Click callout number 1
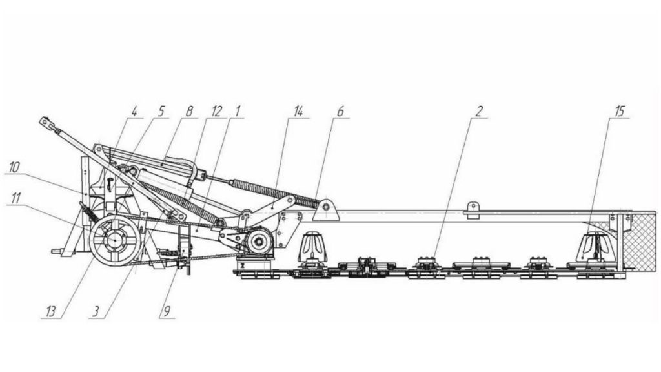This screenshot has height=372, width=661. (238, 112)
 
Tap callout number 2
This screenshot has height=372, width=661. (478, 112)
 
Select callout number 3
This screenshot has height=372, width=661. (97, 312)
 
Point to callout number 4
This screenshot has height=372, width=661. (134, 112)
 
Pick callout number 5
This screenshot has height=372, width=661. (161, 112)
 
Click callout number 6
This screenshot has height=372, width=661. (340, 112)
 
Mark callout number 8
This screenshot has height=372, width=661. (189, 112)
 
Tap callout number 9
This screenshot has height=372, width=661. (167, 312)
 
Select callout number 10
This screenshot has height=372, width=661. (14, 167)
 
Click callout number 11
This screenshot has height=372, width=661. (15, 198)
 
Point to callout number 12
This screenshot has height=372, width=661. (217, 112)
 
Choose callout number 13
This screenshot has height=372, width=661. (50, 312)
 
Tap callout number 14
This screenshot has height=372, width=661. (298, 112)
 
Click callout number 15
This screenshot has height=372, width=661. (619, 112)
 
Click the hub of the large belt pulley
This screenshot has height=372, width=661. (115, 240)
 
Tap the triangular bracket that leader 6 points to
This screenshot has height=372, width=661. (325, 211)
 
